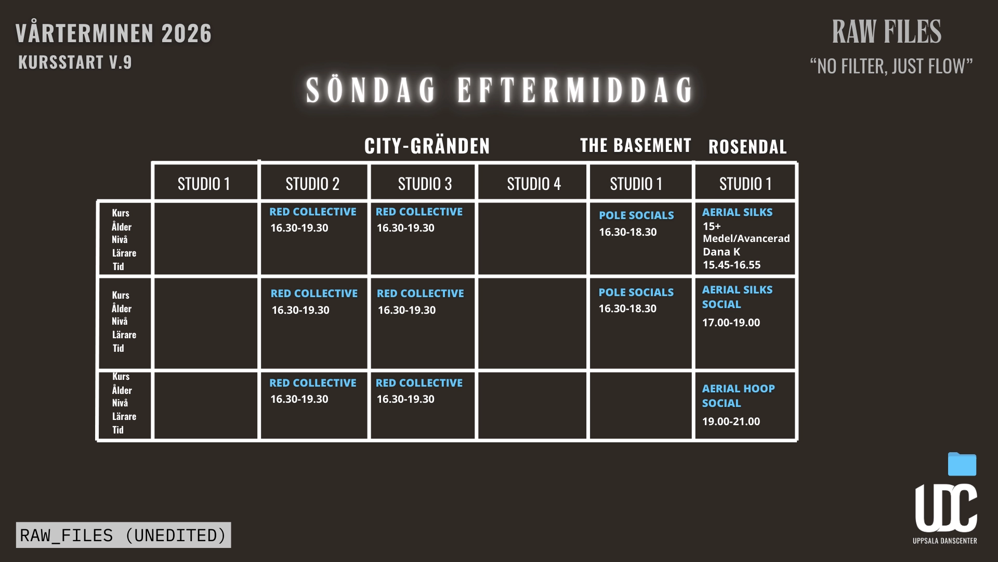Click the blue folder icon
pos(962,464)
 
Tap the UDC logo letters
pos(946,508)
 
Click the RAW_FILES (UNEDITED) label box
pos(123,535)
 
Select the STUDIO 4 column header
pos(534,184)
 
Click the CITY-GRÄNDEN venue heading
pos(427,146)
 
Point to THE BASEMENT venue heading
pos(636,145)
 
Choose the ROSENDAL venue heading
pos(747,147)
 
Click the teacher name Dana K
pos(721,252)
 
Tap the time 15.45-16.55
pos(731,265)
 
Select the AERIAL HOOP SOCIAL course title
pos(738,395)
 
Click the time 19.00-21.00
pos(731,421)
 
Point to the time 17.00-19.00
pos(731,323)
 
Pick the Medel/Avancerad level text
pos(746,239)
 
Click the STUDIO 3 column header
pos(425,184)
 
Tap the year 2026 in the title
pos(187,34)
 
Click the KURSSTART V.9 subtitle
pos(75,62)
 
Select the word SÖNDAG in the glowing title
pos(371,90)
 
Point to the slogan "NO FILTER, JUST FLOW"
pos(891,67)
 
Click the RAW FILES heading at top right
pos(886,32)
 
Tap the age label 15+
pos(712,226)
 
